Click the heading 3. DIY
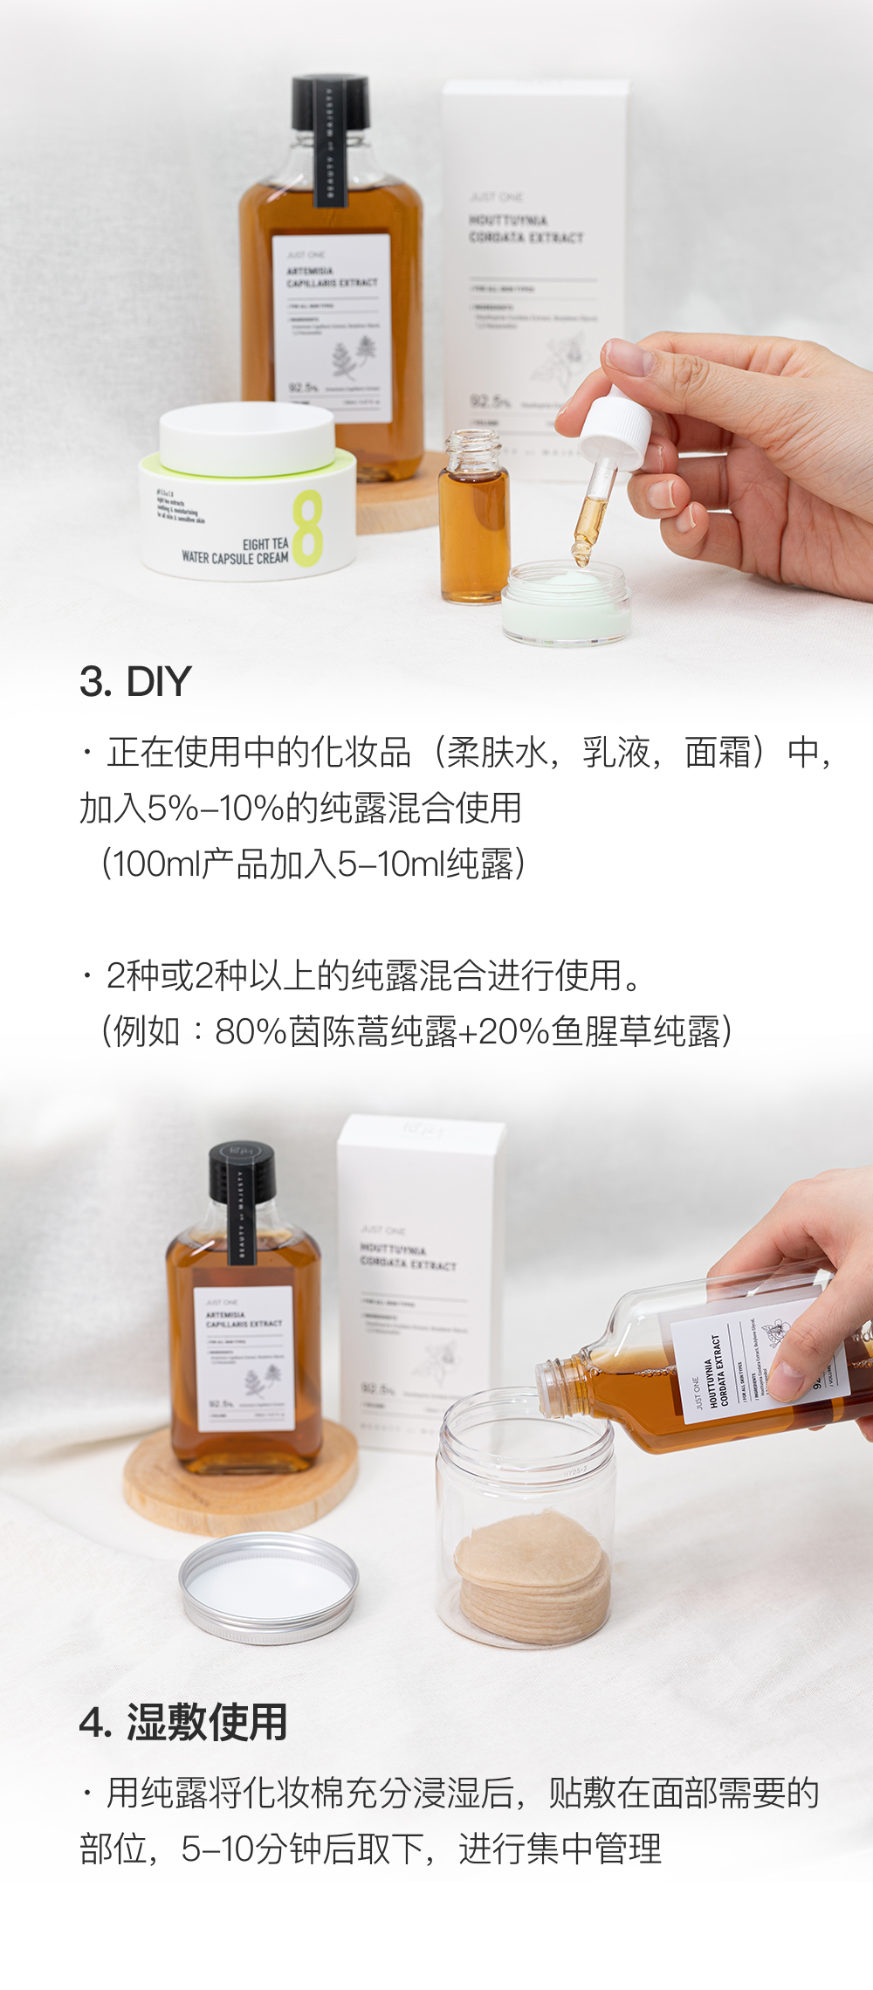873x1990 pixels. point(135,682)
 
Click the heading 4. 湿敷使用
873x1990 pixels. point(183,1723)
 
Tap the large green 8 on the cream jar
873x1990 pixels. point(307,528)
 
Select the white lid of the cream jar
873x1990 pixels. point(247,437)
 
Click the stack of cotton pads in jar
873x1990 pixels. point(533,1576)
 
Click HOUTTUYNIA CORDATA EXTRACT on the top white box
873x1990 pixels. point(525,229)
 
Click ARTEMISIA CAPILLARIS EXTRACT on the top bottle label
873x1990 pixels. point(332,277)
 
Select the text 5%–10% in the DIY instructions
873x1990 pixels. point(213,808)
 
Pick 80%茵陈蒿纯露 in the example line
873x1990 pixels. point(335,1031)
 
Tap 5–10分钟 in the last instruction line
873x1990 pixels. point(250,1849)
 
